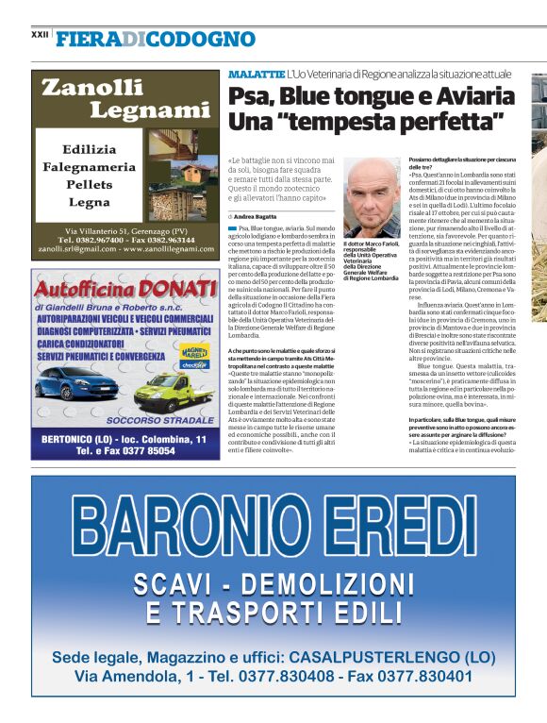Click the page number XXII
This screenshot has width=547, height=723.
click(40, 34)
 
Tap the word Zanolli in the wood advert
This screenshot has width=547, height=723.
click(93, 88)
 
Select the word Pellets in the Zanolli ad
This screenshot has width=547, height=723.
click(89, 184)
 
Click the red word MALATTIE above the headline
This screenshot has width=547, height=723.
click(256, 74)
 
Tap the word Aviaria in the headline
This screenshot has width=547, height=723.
click(472, 95)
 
